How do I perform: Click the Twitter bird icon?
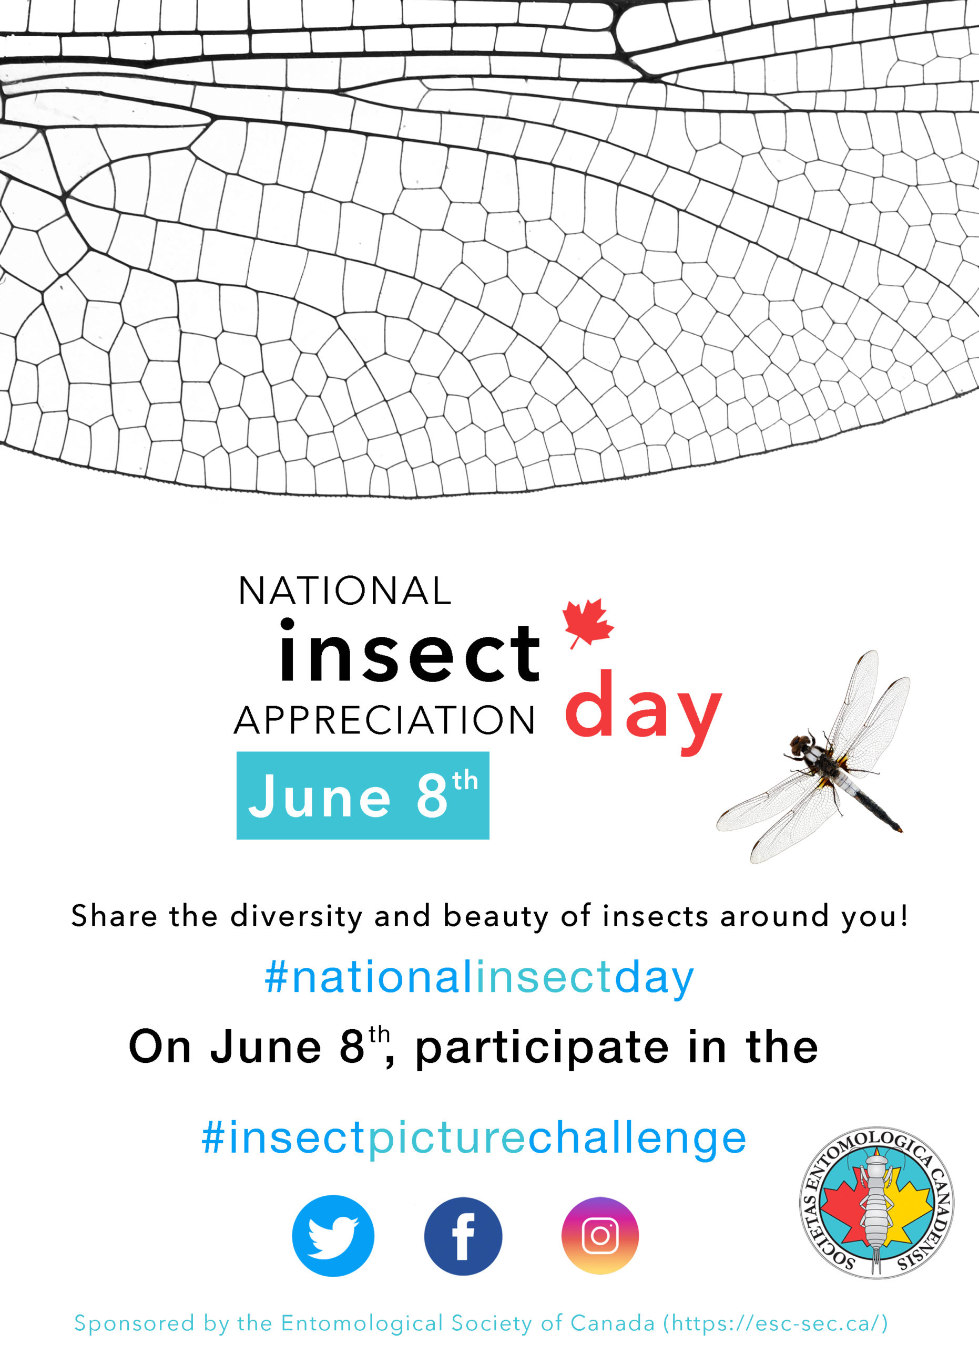(x=333, y=1236)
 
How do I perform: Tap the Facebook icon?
(x=463, y=1236)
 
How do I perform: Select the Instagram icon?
(x=600, y=1236)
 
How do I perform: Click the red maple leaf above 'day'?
(x=587, y=623)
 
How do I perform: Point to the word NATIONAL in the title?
(x=345, y=591)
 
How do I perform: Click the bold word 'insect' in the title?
(x=410, y=650)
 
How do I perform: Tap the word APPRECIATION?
(x=384, y=720)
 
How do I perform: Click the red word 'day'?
(x=643, y=711)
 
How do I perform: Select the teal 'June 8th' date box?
(x=363, y=796)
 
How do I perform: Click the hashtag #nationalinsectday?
(x=479, y=977)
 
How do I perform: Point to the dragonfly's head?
(x=801, y=743)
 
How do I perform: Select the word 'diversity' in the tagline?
(x=296, y=917)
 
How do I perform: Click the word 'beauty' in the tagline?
(x=496, y=917)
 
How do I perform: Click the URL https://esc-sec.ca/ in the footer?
(x=774, y=1323)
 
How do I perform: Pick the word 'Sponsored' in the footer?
(x=134, y=1323)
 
